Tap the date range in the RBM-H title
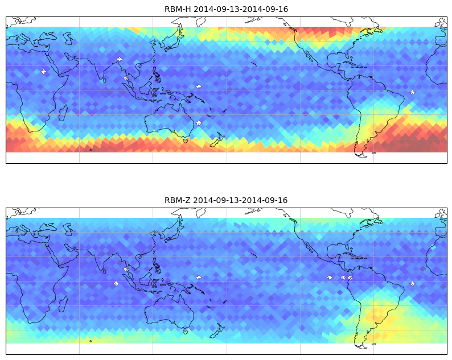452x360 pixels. [x=241, y=9]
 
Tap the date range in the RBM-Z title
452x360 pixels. [x=240, y=200]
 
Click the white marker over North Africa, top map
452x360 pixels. [x=43, y=72]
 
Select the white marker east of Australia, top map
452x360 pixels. [x=199, y=123]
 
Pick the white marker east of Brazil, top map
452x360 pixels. [x=412, y=92]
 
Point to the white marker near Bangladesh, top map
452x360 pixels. [x=120, y=59]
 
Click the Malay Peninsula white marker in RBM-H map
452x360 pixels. [x=126, y=78]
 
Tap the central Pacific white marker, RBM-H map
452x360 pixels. [x=199, y=86]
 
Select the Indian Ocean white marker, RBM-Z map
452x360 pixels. [x=116, y=283]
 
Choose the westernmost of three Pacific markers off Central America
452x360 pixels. [x=330, y=278]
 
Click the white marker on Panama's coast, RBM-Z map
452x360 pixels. [x=350, y=278]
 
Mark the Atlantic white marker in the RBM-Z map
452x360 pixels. [x=412, y=283]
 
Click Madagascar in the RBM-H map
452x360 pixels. [x=63, y=113]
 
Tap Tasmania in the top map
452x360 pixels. [x=186, y=141]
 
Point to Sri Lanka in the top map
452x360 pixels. [x=104, y=80]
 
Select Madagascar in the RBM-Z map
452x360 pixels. [x=63, y=304]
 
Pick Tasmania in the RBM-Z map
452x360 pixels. [x=186, y=332]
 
